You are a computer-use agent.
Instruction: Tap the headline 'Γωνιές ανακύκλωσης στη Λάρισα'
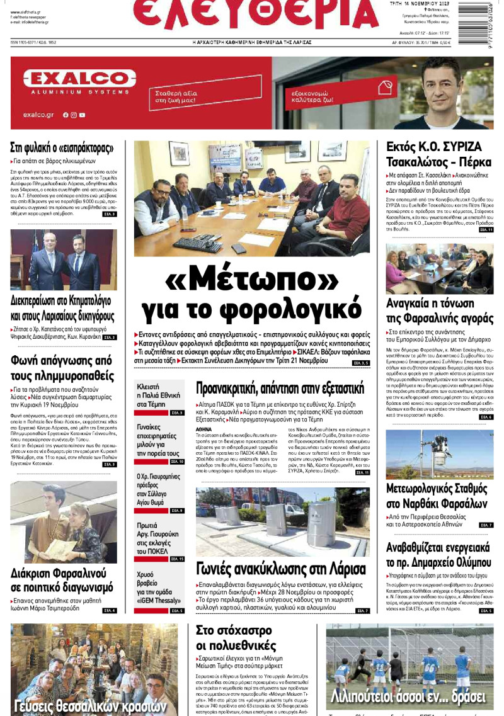280,569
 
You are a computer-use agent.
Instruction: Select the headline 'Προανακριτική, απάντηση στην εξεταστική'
280,387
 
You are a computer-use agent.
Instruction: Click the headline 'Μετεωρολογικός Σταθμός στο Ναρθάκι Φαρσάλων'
437,495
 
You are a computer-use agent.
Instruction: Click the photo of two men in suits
63,259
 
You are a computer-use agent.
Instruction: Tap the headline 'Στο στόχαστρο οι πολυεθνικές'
236,637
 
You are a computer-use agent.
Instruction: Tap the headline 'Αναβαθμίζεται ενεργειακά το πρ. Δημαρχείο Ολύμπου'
438,555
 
